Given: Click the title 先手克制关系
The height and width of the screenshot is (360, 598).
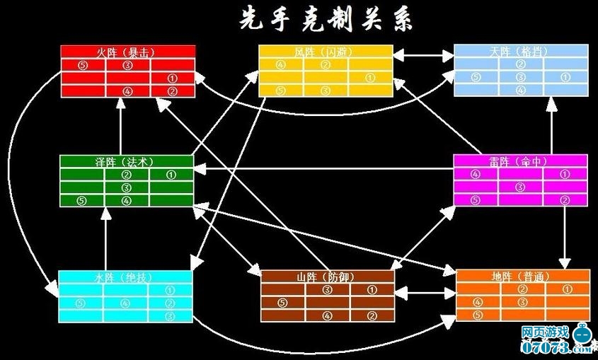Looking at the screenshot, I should click(x=326, y=19).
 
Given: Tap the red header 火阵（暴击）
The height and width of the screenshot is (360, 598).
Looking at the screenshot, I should click(x=127, y=52).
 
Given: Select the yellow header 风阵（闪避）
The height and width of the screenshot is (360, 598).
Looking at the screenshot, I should click(x=325, y=52).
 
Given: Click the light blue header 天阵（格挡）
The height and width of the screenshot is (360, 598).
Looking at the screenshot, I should click(x=520, y=52).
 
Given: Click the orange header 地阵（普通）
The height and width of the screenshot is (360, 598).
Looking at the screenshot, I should click(x=522, y=277).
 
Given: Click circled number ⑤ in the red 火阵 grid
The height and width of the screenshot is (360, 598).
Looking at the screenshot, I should click(x=83, y=65).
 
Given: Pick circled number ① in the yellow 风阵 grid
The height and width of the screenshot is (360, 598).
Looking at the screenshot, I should click(x=370, y=78).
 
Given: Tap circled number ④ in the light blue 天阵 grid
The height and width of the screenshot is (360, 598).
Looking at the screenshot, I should click(x=521, y=90).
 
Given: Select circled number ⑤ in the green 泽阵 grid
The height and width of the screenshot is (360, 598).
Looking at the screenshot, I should click(x=82, y=200).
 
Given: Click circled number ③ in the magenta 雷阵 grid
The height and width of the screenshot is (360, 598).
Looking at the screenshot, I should click(x=520, y=187).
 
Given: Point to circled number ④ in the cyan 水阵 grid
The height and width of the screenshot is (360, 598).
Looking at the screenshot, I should click(x=126, y=303).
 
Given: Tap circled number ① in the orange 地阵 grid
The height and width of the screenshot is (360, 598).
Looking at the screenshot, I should click(x=566, y=290).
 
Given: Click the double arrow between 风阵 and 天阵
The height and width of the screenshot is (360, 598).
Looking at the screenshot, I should click(x=423, y=52).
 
